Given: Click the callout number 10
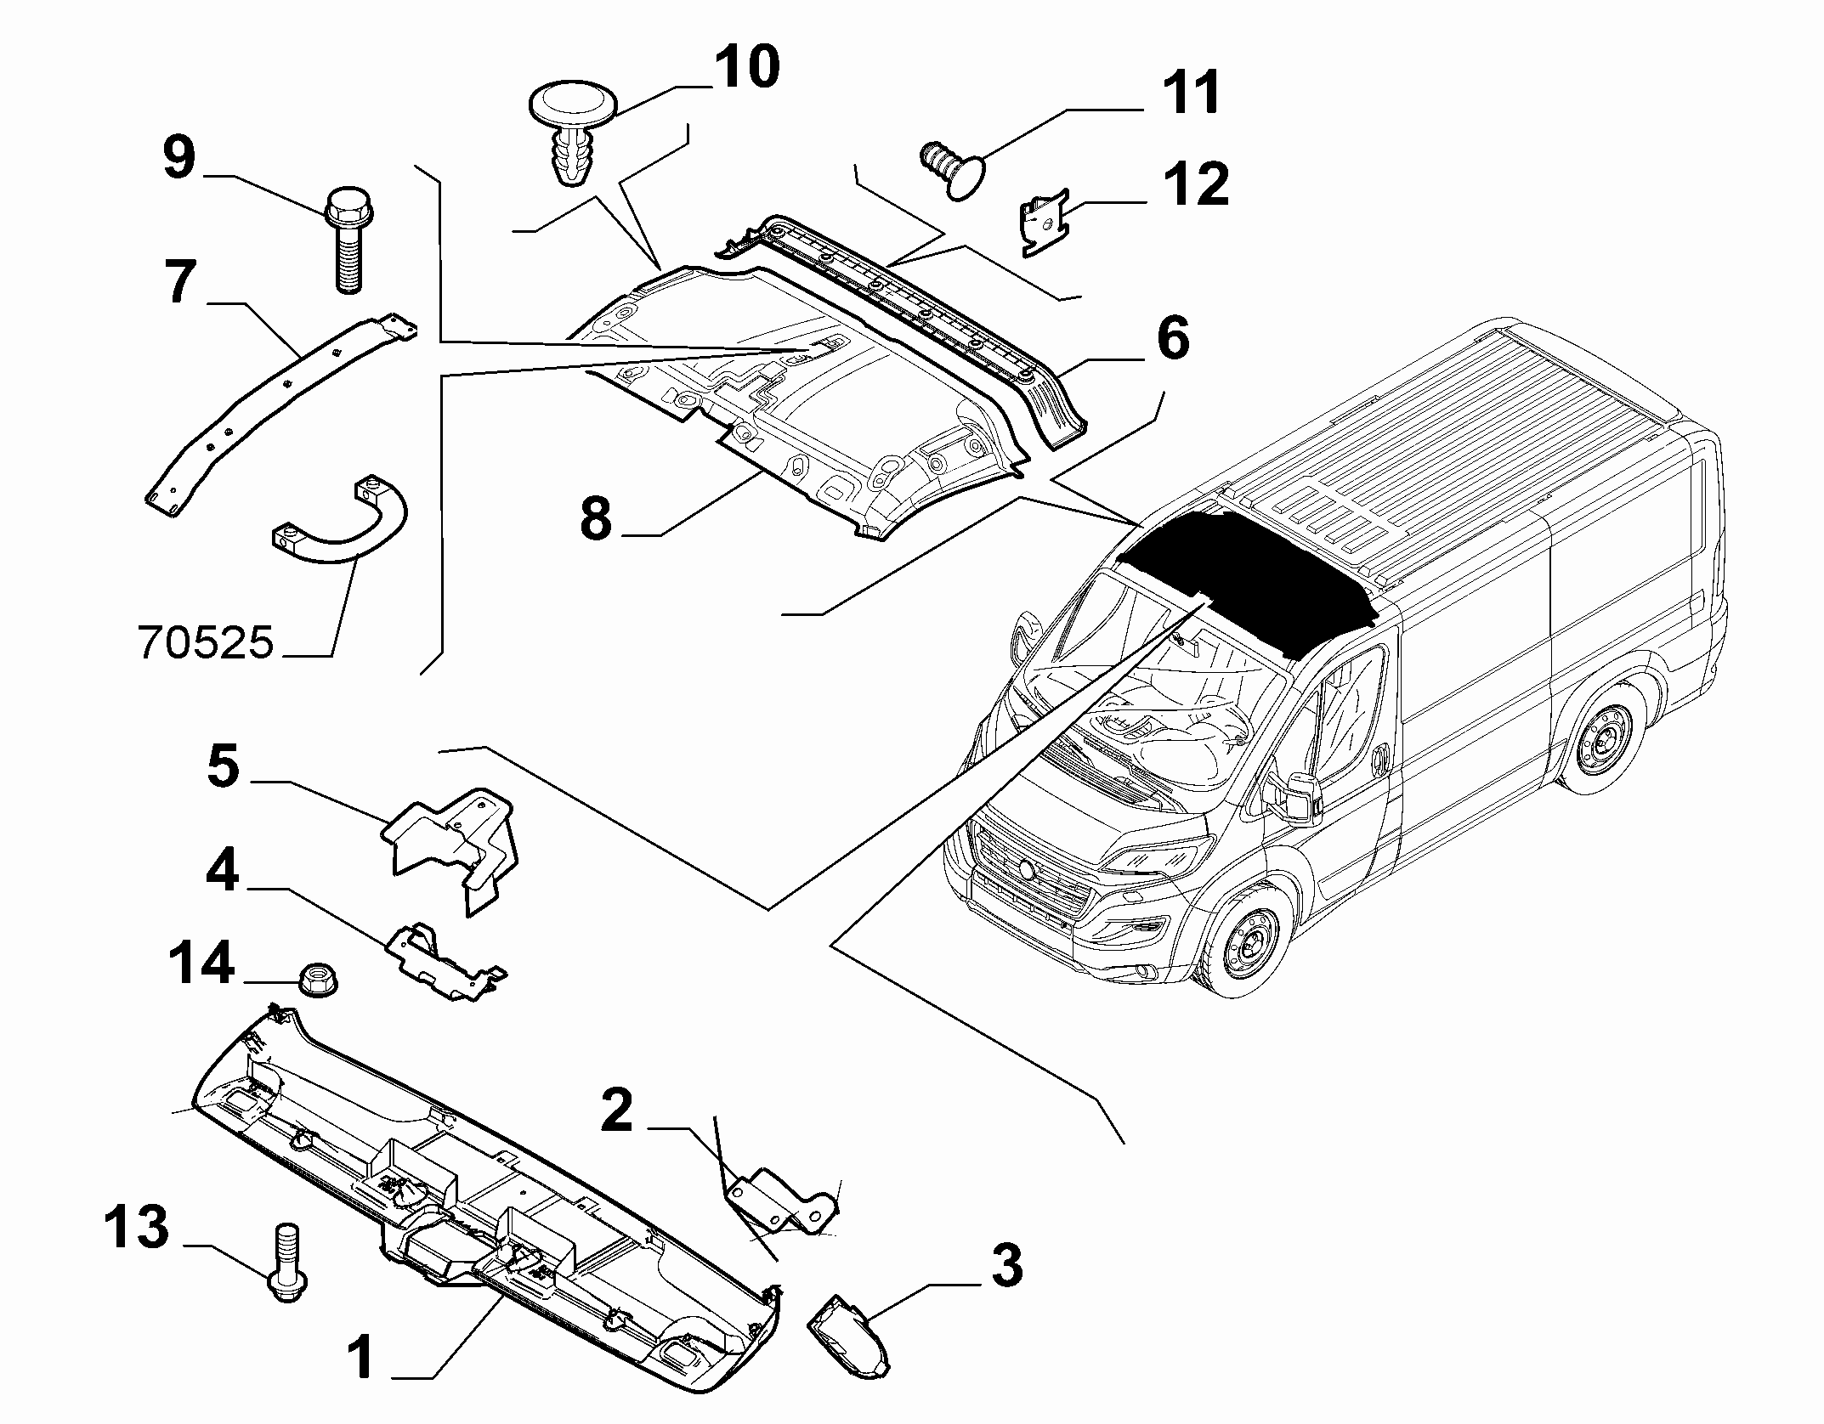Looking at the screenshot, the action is tap(746, 67).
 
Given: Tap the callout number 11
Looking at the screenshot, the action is tap(1190, 93).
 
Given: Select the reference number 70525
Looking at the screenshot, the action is tap(206, 644).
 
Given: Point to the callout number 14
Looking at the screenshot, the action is tap(201, 963).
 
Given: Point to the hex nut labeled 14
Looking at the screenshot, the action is tap(316, 978).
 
